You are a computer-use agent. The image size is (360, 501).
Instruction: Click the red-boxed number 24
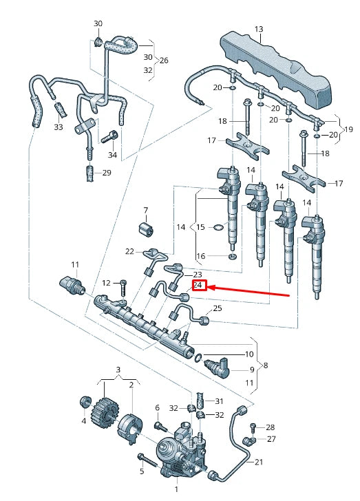198,285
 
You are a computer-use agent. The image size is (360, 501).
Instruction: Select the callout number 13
259,29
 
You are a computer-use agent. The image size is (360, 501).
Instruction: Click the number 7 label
145,210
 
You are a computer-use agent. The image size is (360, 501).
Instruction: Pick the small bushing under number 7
145,228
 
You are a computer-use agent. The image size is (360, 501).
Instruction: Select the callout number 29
107,172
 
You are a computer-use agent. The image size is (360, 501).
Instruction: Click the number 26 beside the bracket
164,61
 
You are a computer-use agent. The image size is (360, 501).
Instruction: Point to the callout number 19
348,129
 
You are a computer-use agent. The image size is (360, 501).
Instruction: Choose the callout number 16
200,256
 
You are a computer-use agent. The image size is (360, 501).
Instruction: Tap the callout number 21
259,462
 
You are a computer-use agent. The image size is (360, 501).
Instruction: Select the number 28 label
271,427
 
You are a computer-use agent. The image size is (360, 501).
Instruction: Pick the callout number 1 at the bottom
176,489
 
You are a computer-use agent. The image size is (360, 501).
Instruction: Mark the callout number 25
218,308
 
